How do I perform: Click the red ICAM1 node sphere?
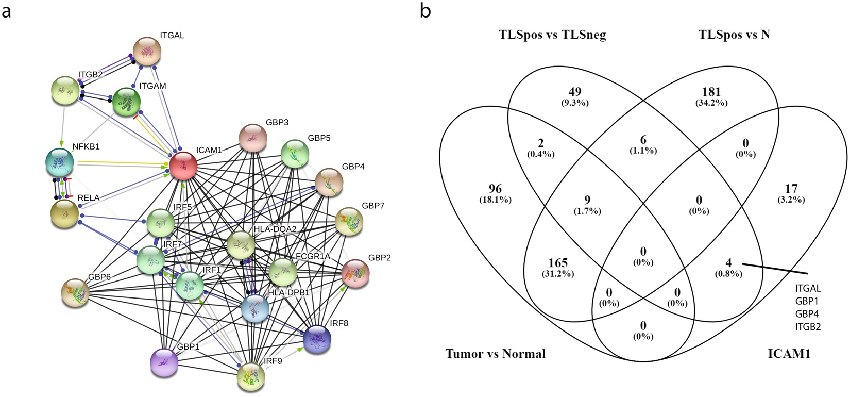tap(183, 166)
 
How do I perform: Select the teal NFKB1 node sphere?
tap(59, 162)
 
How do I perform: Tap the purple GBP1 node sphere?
tap(164, 362)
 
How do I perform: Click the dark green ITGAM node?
tap(126, 102)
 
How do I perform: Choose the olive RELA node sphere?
tap(64, 214)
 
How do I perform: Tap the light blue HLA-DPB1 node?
tap(255, 308)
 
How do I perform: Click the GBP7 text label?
tap(373, 206)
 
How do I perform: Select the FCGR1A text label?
tap(313, 256)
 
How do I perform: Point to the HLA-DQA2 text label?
tap(275, 229)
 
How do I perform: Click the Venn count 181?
tap(711, 92)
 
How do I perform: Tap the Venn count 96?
tap(495, 189)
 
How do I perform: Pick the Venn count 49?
tap(574, 92)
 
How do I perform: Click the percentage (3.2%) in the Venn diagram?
tap(791, 200)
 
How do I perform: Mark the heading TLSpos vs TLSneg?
tap(552, 35)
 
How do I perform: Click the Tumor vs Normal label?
tap(495, 354)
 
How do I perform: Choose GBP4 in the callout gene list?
tap(807, 313)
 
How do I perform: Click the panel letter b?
tap(425, 10)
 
